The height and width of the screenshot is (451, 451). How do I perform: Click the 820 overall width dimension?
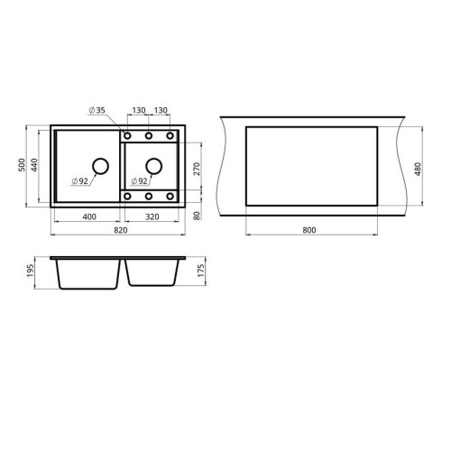(121, 230)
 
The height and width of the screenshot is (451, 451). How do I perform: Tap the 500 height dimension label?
(22, 165)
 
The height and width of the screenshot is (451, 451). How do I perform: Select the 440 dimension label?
(34, 165)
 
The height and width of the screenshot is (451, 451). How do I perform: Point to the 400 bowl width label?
(89, 216)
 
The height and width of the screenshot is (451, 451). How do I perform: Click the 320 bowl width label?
(152, 216)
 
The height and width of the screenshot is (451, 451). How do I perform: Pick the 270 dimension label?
(196, 169)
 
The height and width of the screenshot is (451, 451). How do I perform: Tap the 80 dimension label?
(197, 216)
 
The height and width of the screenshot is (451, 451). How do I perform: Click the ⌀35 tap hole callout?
(97, 110)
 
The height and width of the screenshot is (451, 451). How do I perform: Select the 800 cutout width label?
(309, 230)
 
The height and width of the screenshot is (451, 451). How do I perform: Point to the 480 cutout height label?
(418, 169)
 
